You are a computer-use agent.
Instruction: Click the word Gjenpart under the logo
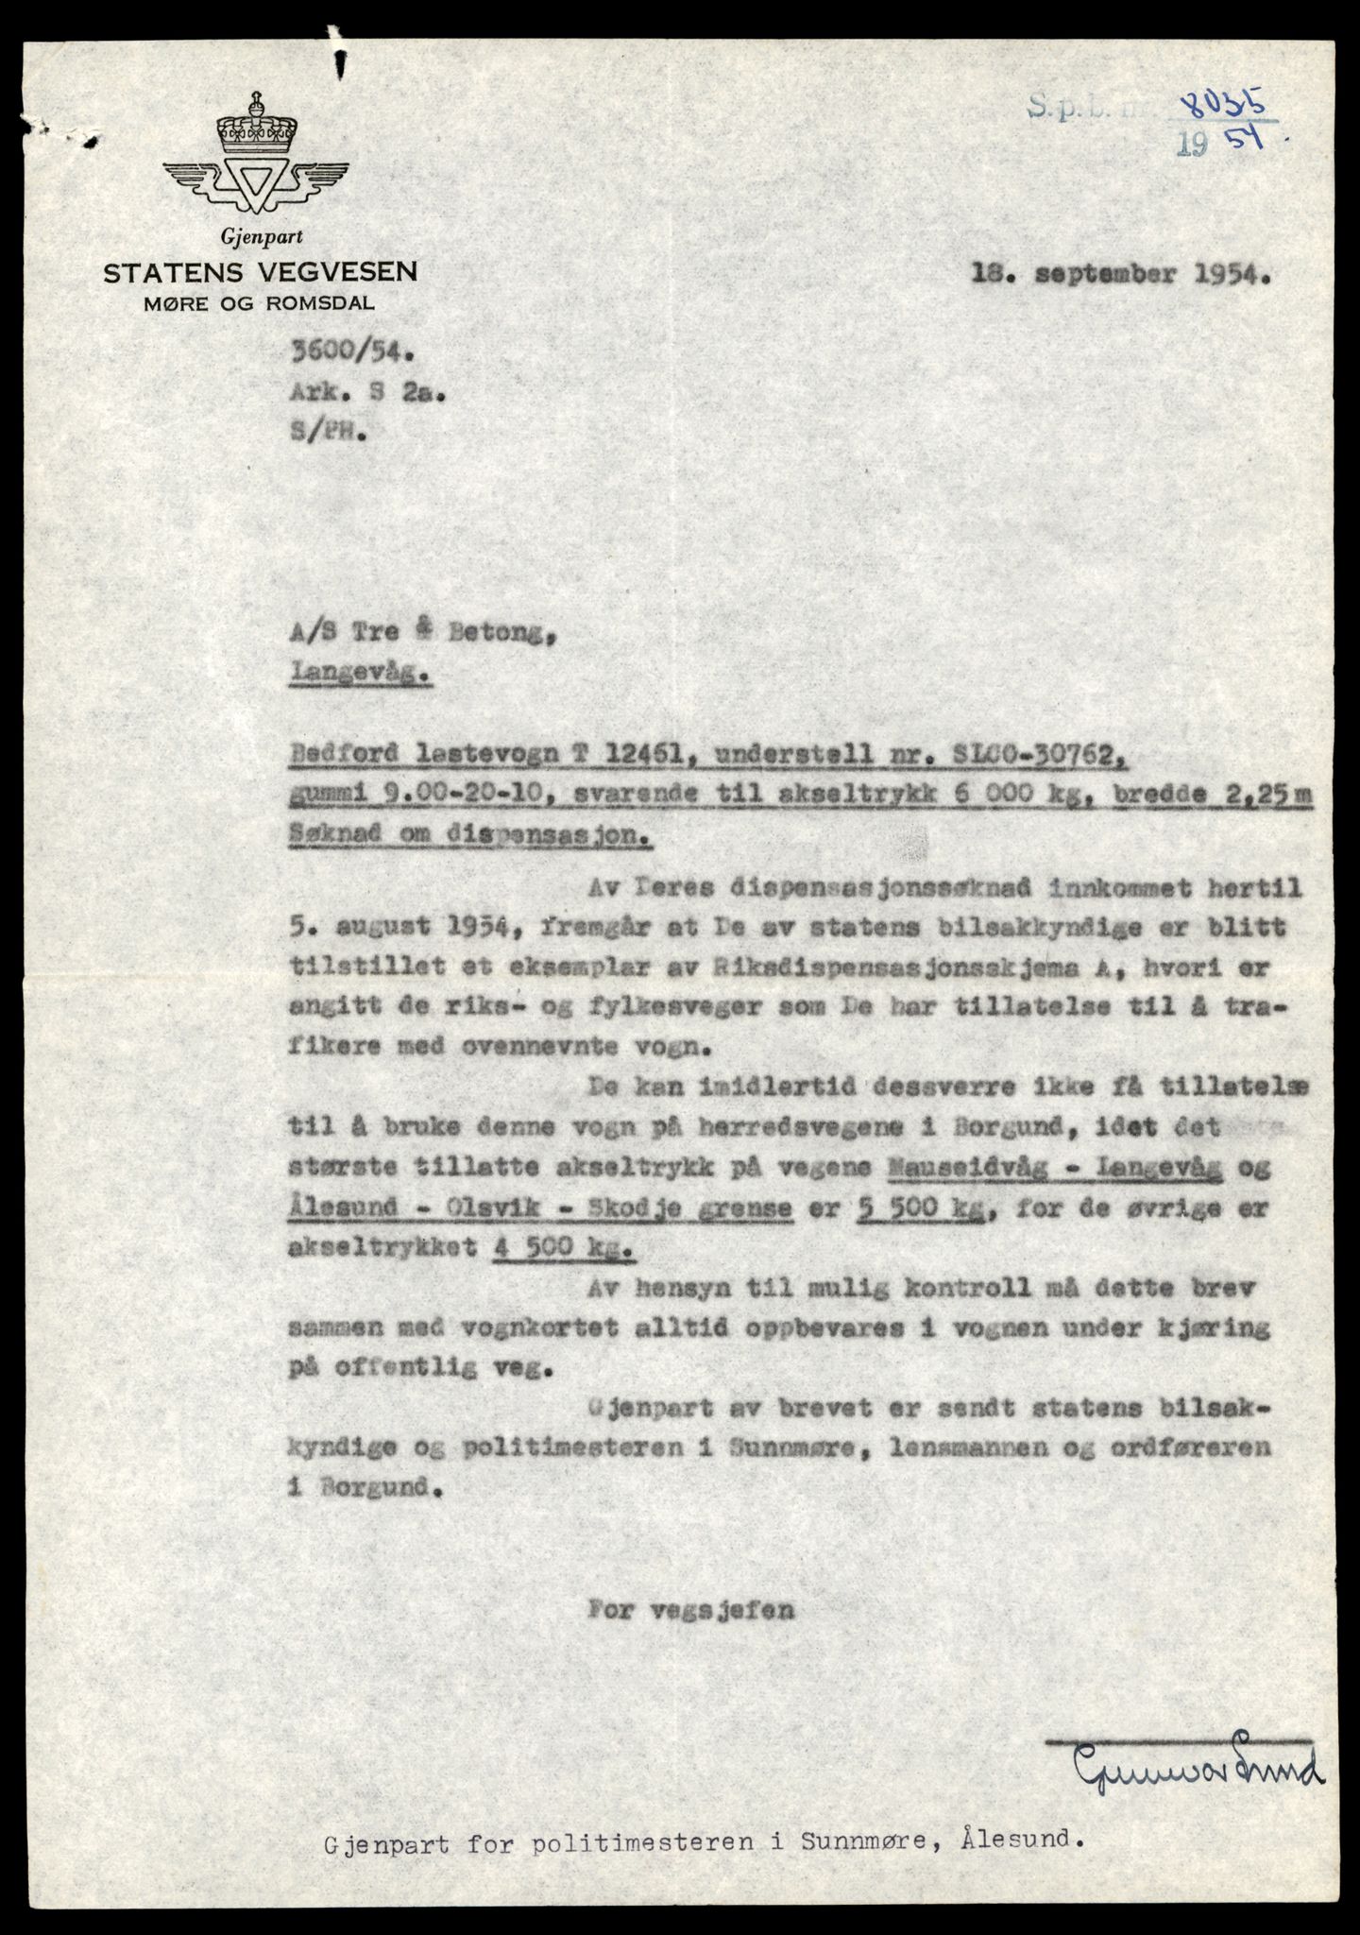pyautogui.click(x=260, y=238)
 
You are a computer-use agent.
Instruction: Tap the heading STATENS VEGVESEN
pyautogui.click(x=261, y=273)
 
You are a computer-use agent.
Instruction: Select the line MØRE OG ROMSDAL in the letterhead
pyautogui.click(x=260, y=303)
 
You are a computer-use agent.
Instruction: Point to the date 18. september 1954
pyautogui.click(x=1121, y=275)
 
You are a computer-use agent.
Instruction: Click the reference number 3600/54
pyautogui.click(x=352, y=353)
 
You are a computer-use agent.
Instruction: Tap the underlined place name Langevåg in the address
pyautogui.click(x=362, y=676)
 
